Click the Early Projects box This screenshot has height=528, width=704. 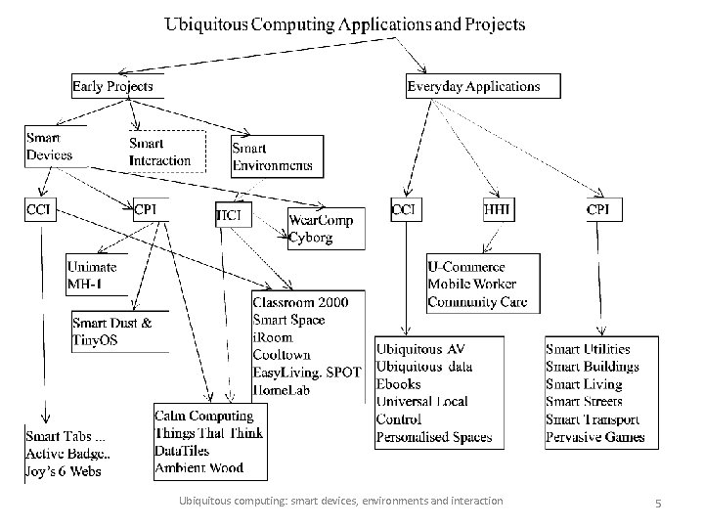pyautogui.click(x=112, y=86)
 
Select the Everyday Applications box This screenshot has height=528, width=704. pyautogui.click(x=473, y=86)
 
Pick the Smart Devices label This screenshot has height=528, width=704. pyautogui.click(x=50, y=147)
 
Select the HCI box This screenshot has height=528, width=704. pyautogui.click(x=230, y=212)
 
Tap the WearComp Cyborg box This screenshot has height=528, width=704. pyautogui.click(x=324, y=229)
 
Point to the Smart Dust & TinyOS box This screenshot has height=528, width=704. pyautogui.click(x=112, y=331)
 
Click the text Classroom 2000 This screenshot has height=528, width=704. pyautogui.click(x=293, y=302)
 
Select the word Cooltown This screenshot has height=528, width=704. pyautogui.click(x=283, y=354)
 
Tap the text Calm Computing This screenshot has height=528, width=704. pyautogui.click(x=203, y=417)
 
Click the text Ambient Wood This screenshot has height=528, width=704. pyautogui.click(x=199, y=468)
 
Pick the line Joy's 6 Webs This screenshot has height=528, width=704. pyautogui.click(x=64, y=471)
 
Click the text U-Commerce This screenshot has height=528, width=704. pyautogui.click(x=466, y=267)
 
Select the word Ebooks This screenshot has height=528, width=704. pyautogui.click(x=399, y=384)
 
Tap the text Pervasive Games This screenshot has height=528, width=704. pyautogui.click(x=595, y=437)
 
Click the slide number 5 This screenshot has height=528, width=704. pyautogui.click(x=659, y=503)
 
